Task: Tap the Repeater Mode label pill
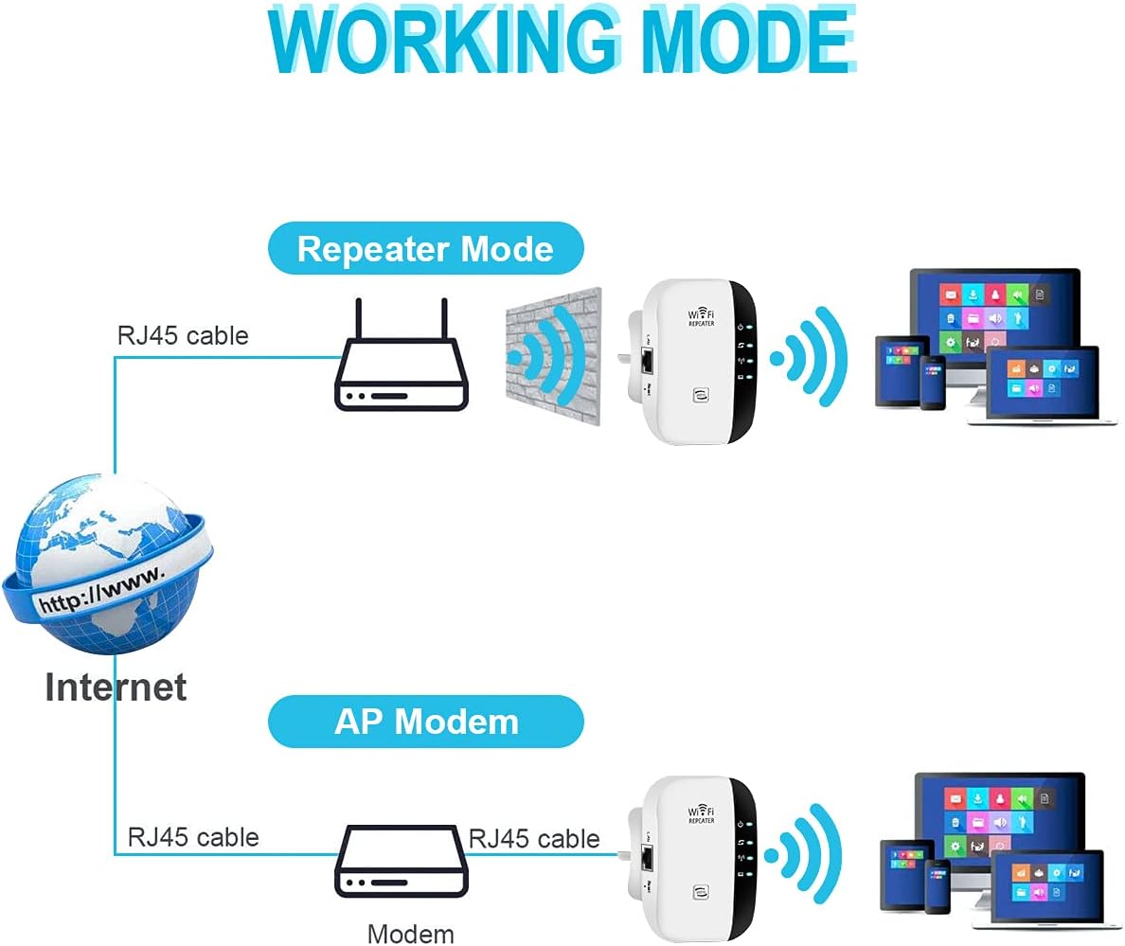pos(425,249)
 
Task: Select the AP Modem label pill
pos(425,722)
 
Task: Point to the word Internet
pos(116,687)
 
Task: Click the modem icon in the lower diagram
pos(402,862)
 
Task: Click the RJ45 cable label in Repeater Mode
pos(183,335)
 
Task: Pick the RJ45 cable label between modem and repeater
pos(534,838)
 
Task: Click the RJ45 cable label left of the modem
pos(193,837)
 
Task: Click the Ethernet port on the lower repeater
pos(649,858)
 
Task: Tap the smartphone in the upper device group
pos(933,382)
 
